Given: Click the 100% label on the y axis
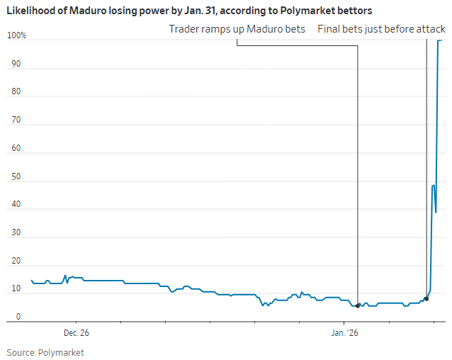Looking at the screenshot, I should tap(16, 35).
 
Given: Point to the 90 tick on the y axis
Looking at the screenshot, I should tap(16, 64).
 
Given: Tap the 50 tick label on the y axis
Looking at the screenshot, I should tap(16, 176).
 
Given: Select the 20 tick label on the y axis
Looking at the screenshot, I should tap(16, 261).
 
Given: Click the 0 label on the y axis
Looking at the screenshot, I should tap(18, 317).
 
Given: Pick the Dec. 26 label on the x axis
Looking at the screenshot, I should tap(76, 332).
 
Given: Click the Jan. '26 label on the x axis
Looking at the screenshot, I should tap(344, 332).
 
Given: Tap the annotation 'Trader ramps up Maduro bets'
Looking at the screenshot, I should tap(237, 29).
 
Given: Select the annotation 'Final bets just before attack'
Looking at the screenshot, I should tap(381, 29).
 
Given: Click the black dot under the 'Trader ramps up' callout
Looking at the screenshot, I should tap(358, 305).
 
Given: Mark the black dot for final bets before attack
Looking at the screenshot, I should tap(426, 299).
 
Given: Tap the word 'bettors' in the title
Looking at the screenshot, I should tap(356, 11).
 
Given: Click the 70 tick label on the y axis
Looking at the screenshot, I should tap(16, 120).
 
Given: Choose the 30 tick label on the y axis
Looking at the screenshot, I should tap(16, 233).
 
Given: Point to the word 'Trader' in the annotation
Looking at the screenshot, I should tap(184, 29).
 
